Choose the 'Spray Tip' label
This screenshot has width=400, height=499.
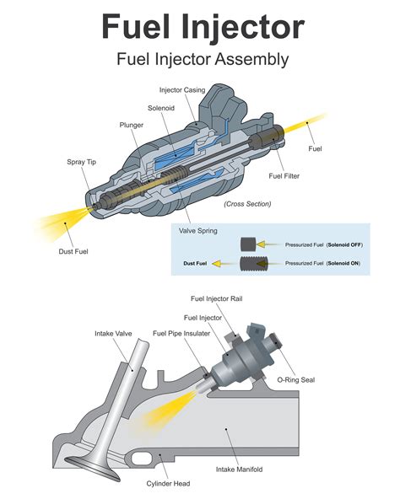[81, 160]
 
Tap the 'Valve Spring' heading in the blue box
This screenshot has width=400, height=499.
[199, 228]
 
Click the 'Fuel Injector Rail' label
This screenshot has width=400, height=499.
[221, 298]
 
